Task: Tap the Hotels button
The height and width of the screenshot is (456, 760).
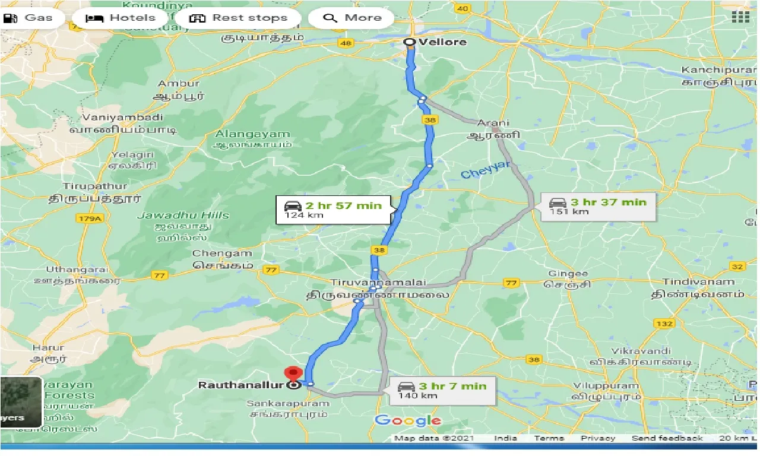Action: [x=121, y=18]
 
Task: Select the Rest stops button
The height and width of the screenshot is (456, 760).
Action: [x=238, y=18]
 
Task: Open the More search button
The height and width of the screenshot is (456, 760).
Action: [x=351, y=18]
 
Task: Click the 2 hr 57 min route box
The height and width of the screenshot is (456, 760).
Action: [x=333, y=210]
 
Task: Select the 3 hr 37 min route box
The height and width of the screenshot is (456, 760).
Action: [x=597, y=207]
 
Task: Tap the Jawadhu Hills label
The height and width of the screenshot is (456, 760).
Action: [x=183, y=216]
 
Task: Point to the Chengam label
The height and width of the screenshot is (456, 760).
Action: [x=214, y=254]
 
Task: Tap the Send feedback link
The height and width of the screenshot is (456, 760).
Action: [x=667, y=438]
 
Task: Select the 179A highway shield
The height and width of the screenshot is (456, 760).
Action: [x=90, y=220]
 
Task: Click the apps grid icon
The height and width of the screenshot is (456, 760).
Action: [x=740, y=17]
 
